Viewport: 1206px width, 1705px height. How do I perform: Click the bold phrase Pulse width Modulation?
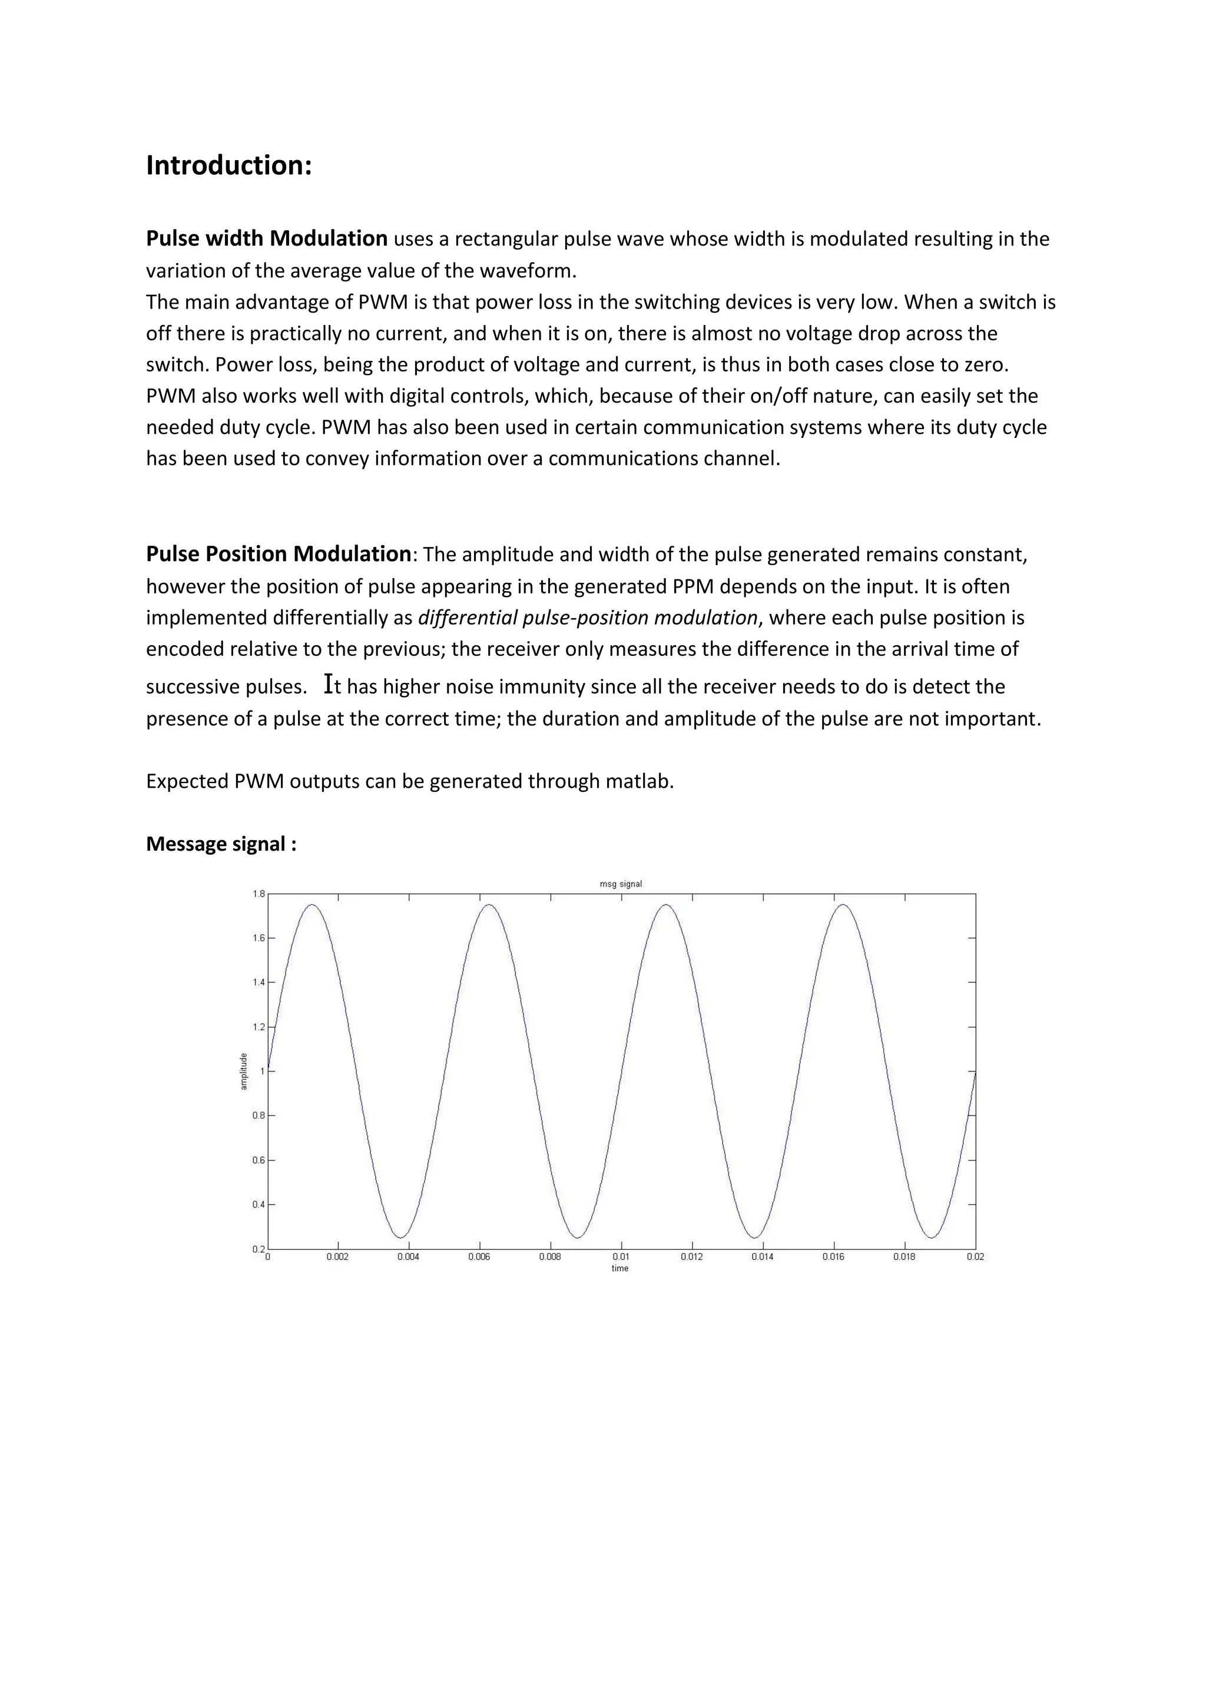267,238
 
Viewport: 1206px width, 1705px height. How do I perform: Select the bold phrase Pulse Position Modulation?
279,554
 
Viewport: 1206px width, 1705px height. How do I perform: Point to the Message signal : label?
221,844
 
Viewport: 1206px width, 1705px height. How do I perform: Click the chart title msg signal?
621,884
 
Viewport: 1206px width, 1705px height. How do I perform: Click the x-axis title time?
620,1268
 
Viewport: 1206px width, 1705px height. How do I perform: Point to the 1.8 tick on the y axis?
258,894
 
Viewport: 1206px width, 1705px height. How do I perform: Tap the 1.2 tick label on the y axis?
258,1027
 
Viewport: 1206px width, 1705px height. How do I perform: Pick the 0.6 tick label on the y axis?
258,1160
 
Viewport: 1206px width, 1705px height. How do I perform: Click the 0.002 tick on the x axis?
337,1256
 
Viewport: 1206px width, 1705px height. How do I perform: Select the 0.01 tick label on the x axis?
621,1256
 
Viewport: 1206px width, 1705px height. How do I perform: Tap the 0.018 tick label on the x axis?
904,1256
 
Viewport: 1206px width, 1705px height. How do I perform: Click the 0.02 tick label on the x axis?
976,1256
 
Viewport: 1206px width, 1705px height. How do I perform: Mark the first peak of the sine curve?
312,905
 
